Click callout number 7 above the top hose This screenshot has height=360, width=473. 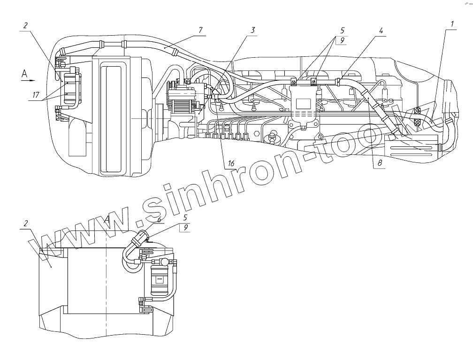[x=200, y=30]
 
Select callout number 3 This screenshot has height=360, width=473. [x=253, y=30]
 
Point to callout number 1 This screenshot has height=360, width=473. [x=453, y=23]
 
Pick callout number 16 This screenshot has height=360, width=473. [x=230, y=164]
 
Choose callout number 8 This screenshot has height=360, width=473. [x=381, y=164]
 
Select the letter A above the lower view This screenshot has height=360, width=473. [x=107, y=219]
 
